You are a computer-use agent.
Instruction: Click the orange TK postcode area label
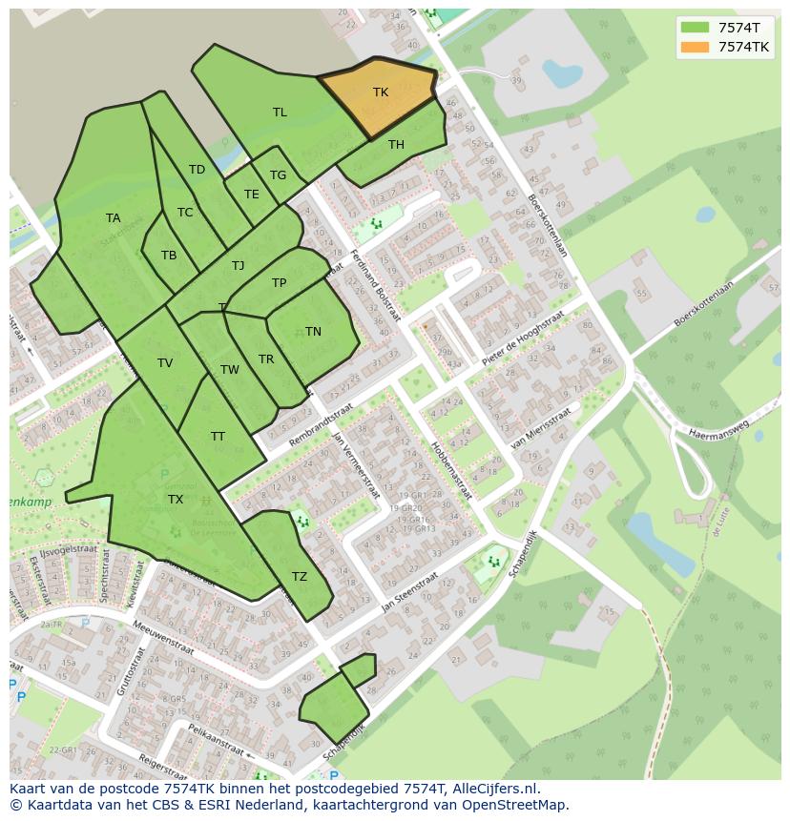point(381,92)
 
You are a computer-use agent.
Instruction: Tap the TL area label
point(280,113)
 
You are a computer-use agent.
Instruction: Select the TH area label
point(396,145)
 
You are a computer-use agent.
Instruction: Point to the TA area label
point(114,218)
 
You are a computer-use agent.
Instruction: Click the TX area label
point(176,500)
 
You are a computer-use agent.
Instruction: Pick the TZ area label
point(300,577)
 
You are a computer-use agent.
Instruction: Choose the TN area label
point(313,332)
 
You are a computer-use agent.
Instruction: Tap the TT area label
point(218,437)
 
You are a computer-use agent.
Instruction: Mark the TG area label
point(278,175)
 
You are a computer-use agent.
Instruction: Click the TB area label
point(169,256)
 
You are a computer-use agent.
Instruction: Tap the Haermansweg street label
point(713,427)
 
